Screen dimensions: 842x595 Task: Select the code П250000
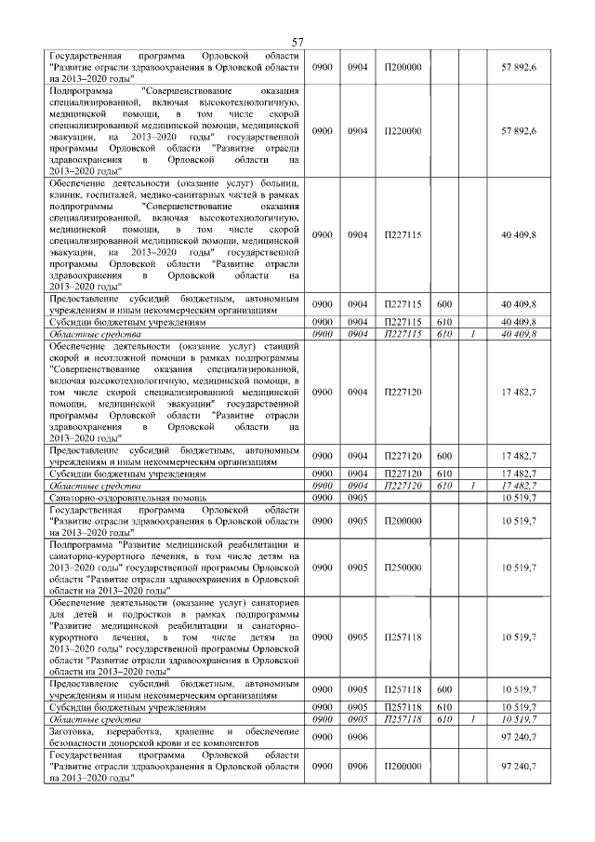[403, 566]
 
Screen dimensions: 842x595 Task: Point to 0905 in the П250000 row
[358, 566]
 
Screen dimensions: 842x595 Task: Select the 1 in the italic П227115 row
[473, 333]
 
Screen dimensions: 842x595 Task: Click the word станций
[277, 347]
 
